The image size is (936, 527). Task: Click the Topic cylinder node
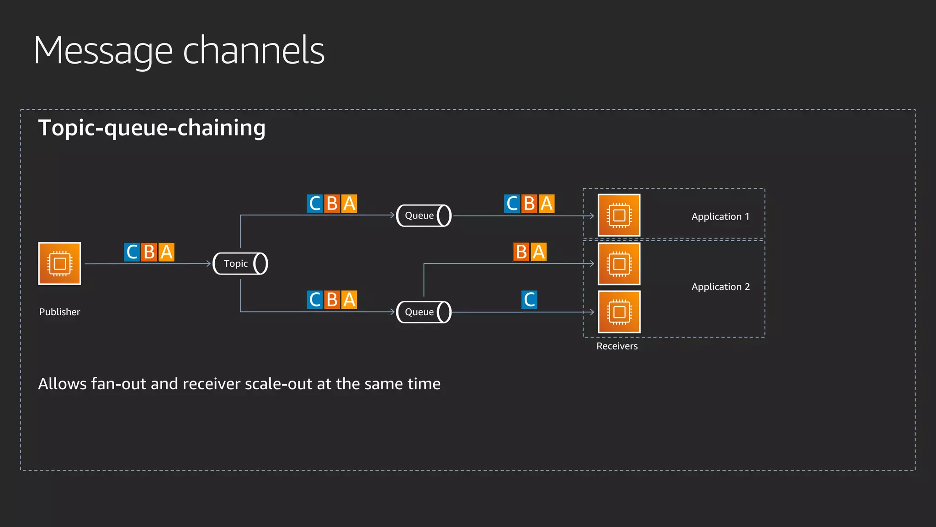pyautogui.click(x=240, y=263)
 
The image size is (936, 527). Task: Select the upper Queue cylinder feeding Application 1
pyautogui.click(x=424, y=215)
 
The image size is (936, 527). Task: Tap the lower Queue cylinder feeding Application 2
pyautogui.click(x=424, y=312)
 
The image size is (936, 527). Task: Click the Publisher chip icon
pyautogui.click(x=60, y=263)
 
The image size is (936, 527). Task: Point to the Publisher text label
pyautogui.click(x=59, y=312)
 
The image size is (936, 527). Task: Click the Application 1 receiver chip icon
pyautogui.click(x=619, y=215)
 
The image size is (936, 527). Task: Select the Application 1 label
pyautogui.click(x=720, y=217)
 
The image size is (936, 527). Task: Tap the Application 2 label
pyautogui.click(x=720, y=287)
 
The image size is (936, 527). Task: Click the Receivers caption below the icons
pyautogui.click(x=617, y=346)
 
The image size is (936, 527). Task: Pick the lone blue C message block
pyautogui.click(x=529, y=300)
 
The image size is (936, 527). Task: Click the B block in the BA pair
pyautogui.click(x=521, y=252)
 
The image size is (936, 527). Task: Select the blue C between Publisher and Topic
pyautogui.click(x=132, y=252)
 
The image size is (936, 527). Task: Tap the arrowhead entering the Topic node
pyautogui.click(x=208, y=263)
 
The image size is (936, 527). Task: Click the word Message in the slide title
pyautogui.click(x=103, y=51)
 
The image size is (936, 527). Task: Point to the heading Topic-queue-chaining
pyautogui.click(x=152, y=128)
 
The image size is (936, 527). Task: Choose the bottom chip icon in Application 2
pyautogui.click(x=619, y=312)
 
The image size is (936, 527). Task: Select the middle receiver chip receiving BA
pyautogui.click(x=619, y=264)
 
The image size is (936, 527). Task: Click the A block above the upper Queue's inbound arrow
pyautogui.click(x=349, y=204)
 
